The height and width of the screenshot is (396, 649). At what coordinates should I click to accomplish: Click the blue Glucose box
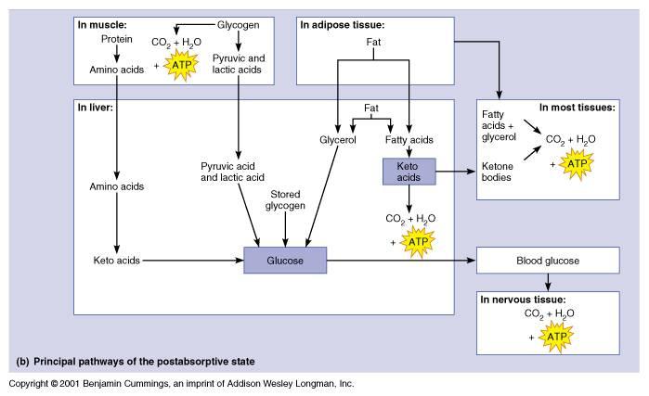click(x=285, y=261)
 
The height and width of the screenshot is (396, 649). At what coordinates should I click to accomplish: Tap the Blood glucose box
click(x=547, y=261)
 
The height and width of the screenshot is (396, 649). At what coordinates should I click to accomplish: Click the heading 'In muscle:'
click(x=105, y=24)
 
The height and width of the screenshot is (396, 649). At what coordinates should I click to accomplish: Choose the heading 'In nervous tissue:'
click(x=522, y=300)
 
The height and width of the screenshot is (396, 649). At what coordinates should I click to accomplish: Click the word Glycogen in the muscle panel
click(x=239, y=24)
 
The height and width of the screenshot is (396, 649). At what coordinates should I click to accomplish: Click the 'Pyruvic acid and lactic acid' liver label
click(x=233, y=171)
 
